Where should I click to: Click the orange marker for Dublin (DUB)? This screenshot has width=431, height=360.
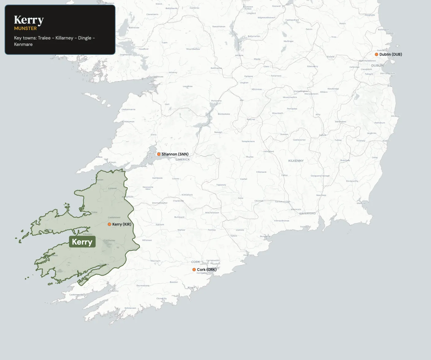pyautogui.click(x=376, y=54)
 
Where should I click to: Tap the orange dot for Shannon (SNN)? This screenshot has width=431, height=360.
pyautogui.click(x=159, y=154)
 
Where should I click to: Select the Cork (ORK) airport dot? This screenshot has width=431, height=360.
pyautogui.click(x=194, y=270)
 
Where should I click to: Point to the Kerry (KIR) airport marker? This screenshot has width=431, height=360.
pyautogui.click(x=109, y=224)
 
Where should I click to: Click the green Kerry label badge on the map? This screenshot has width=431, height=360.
pyautogui.click(x=82, y=242)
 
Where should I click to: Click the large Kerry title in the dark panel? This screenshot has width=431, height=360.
pyautogui.click(x=29, y=20)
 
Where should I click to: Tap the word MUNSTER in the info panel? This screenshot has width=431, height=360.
pyautogui.click(x=25, y=28)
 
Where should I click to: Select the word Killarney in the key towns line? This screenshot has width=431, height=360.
pyautogui.click(x=64, y=38)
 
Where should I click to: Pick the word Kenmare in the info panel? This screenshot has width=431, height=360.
pyautogui.click(x=23, y=44)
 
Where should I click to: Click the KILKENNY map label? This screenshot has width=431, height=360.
pyautogui.click(x=296, y=161)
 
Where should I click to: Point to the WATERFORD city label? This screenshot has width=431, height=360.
pyautogui.click(x=307, y=213)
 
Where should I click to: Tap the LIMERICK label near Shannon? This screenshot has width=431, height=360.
pyautogui.click(x=183, y=159)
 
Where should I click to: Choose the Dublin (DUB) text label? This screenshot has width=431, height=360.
pyautogui.click(x=391, y=54)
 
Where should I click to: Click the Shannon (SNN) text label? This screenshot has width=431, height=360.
pyautogui.click(x=175, y=154)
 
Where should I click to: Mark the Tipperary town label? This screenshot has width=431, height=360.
pyautogui.click(x=221, y=185)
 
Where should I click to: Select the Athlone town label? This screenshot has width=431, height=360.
pyautogui.click(x=239, y=55)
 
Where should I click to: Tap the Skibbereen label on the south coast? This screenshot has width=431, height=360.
pyautogui.click(x=130, y=308)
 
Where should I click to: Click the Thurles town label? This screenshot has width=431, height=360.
pyautogui.click(x=250, y=157)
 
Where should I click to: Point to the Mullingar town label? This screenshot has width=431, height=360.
pyautogui.click(x=289, y=41)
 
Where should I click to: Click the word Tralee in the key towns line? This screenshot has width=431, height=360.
pyautogui.click(x=44, y=38)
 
